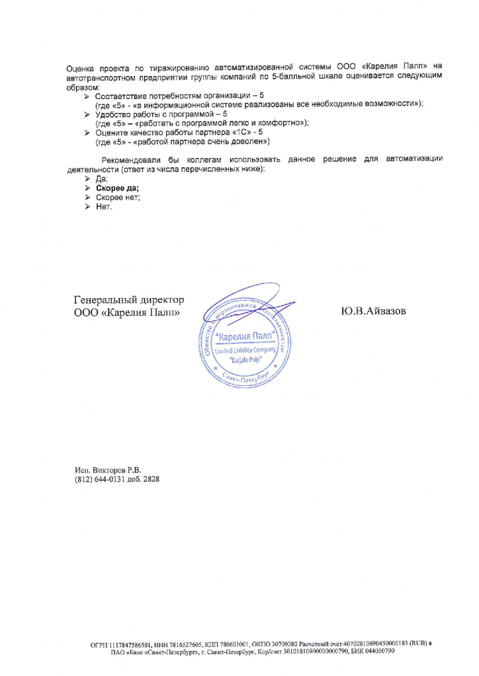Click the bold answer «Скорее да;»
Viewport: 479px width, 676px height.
pyautogui.click(x=117, y=188)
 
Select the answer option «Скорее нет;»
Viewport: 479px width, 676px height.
pyautogui.click(x=118, y=198)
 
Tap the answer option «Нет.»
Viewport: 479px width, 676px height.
pyautogui.click(x=105, y=207)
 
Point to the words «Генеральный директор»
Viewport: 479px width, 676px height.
pyautogui.click(x=128, y=300)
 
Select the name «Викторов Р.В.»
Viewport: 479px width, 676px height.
pyautogui.click(x=116, y=470)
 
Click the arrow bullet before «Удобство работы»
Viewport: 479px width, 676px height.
pyautogui.click(x=87, y=114)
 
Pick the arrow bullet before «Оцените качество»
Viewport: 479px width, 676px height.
pyautogui.click(x=87, y=133)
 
